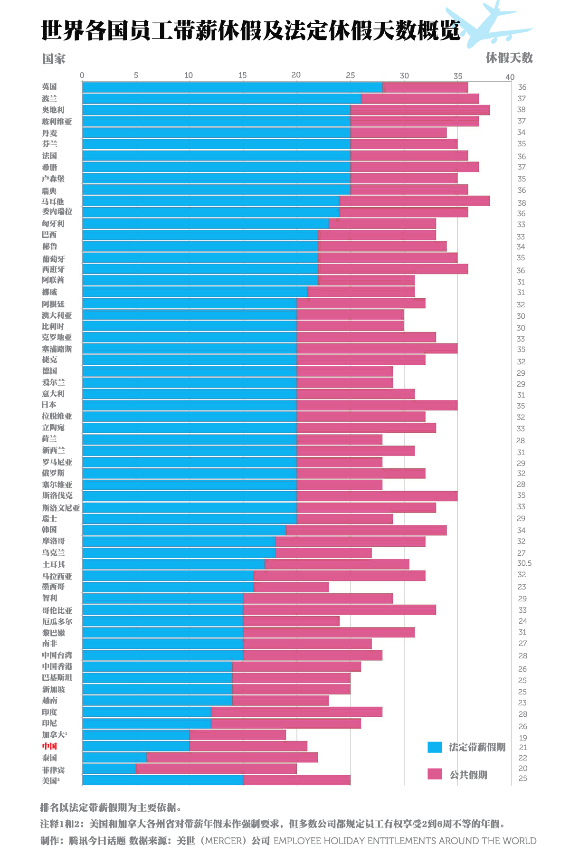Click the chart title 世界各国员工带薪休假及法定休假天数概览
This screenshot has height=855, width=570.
pyautogui.click(x=251, y=30)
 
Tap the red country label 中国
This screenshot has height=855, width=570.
pyautogui.click(x=49, y=746)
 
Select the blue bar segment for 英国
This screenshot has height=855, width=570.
pyautogui.click(x=232, y=87)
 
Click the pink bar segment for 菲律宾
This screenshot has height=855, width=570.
pyautogui.click(x=216, y=769)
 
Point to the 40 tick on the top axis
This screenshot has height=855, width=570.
pyautogui.click(x=510, y=77)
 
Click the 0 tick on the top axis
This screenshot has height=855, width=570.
pyautogui.click(x=82, y=75)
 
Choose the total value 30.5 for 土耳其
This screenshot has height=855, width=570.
pyautogui.click(x=524, y=563)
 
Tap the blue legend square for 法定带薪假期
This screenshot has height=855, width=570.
pyautogui.click(x=435, y=747)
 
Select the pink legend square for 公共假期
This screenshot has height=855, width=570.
pyautogui.click(x=435, y=774)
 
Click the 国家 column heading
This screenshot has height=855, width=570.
pyautogui.click(x=54, y=59)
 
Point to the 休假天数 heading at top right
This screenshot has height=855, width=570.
pyautogui.click(x=509, y=58)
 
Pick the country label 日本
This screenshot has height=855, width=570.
pyautogui.click(x=49, y=405)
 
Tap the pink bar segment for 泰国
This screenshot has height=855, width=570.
pyautogui.click(x=232, y=757)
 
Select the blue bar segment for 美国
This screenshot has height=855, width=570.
pyautogui.click(x=162, y=780)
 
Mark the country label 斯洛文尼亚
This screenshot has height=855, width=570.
pyautogui.click(x=61, y=507)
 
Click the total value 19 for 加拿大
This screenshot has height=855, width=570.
pyautogui.click(x=522, y=738)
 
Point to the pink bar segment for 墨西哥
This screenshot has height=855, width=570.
pyautogui.click(x=291, y=587)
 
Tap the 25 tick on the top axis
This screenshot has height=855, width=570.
pyautogui.click(x=351, y=75)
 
